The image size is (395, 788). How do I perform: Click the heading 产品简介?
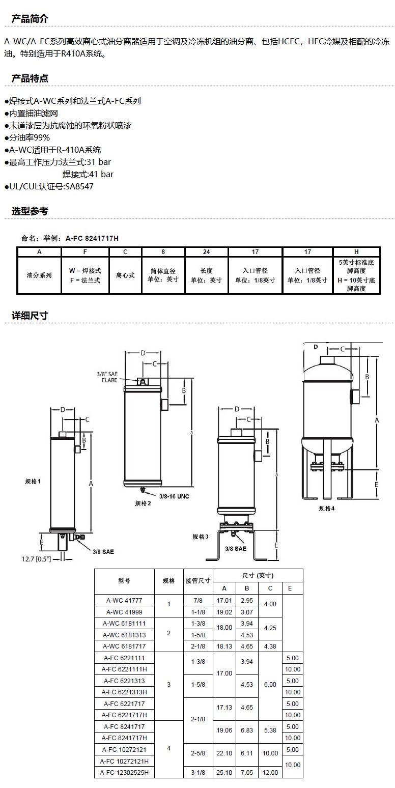click(x=30, y=19)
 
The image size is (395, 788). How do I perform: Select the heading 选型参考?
click(x=30, y=211)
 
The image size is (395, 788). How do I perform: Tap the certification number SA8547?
click(x=79, y=186)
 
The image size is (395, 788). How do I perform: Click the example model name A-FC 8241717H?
click(x=92, y=238)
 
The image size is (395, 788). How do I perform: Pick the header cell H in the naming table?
click(x=356, y=252)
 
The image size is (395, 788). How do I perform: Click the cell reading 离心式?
click(x=125, y=275)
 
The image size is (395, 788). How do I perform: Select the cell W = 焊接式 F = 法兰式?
click(x=85, y=275)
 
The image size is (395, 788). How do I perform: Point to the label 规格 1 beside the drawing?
click(x=33, y=481)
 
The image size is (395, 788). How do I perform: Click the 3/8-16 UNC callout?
click(x=174, y=496)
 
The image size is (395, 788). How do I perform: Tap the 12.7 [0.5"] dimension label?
click(x=36, y=559)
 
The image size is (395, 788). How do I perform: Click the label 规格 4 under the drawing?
click(x=327, y=508)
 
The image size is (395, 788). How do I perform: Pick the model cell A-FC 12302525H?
click(x=124, y=772)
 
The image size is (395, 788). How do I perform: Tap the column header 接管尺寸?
click(x=198, y=581)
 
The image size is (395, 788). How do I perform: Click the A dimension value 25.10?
click(x=224, y=772)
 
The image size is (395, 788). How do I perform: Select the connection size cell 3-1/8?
click(x=198, y=772)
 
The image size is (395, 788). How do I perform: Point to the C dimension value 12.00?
click(x=270, y=772)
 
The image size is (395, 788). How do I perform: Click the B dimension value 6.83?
click(x=246, y=730)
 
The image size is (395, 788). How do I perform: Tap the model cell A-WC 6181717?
click(x=124, y=646)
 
